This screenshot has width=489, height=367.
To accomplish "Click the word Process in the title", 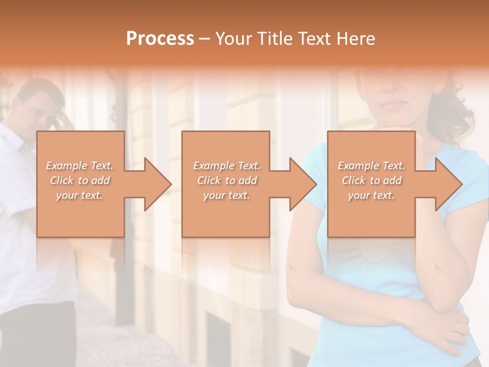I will coord(160,39).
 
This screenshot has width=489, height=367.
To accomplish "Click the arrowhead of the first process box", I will coord(156,184).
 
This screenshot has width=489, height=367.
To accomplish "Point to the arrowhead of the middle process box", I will coord(302,184).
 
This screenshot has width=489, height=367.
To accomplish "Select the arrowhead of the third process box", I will coord(448,184).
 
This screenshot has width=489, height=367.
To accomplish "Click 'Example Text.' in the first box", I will coord(80,166).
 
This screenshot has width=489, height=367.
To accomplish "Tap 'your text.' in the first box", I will coord(80,195).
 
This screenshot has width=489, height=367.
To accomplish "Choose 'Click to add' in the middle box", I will coord(227,180).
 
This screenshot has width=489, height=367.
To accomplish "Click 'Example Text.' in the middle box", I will coord(227,166).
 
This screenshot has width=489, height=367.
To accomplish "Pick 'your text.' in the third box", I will coord(371,195).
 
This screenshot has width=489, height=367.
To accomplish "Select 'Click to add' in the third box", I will coord(371,180).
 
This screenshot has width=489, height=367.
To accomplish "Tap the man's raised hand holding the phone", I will coord(61,120).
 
